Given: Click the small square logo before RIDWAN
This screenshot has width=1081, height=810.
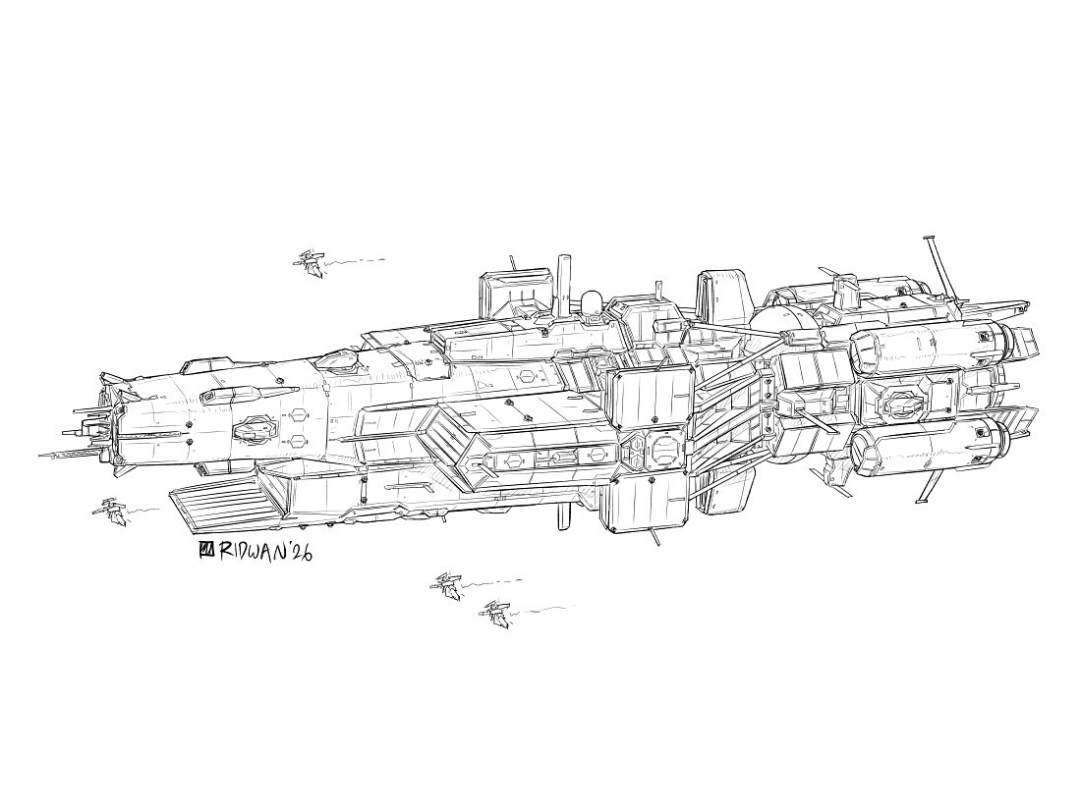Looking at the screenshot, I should point(206,550).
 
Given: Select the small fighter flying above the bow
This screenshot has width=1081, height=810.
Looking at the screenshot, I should point(312,262).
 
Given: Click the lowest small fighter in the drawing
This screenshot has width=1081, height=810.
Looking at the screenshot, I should point(494,615).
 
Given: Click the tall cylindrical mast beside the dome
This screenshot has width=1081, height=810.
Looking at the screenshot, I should point(564,285).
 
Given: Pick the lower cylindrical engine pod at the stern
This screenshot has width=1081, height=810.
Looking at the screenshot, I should point(929,447).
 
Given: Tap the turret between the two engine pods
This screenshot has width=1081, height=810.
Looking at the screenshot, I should point(901,401).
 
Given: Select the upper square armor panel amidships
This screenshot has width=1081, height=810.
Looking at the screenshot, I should point(651,403).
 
